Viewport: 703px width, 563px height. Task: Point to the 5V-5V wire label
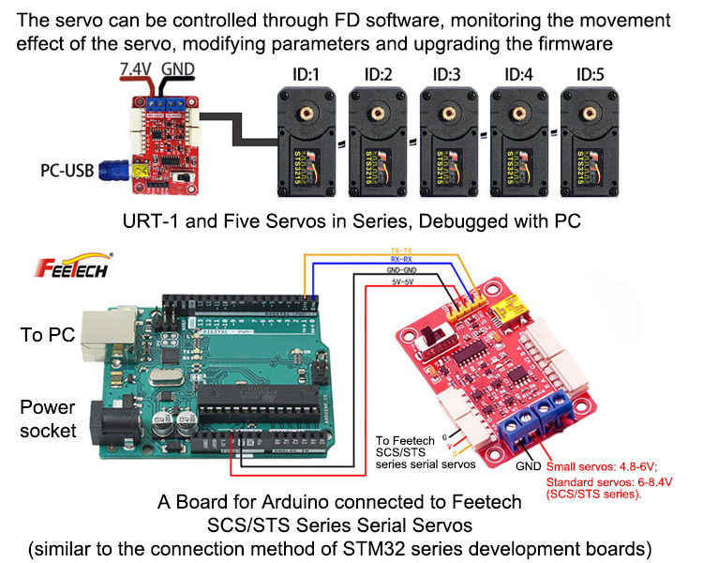[x=402, y=281]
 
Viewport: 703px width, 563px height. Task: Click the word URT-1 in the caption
[x=150, y=222]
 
